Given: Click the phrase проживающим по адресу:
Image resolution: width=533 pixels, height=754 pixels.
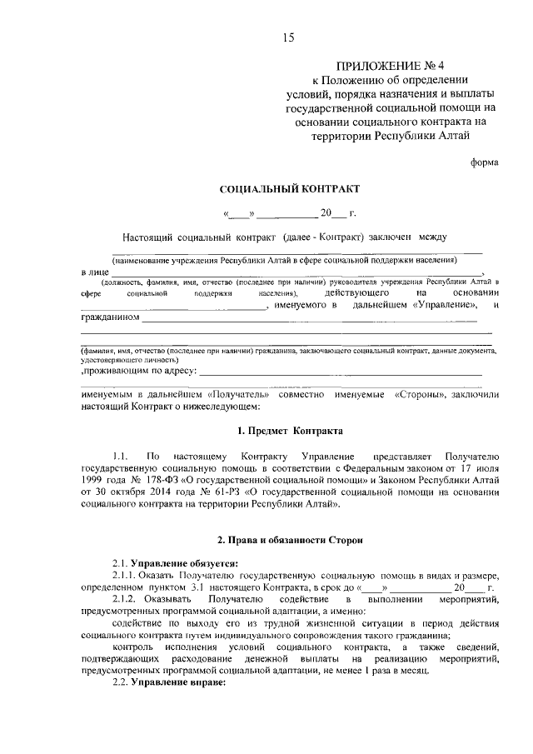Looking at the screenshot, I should tap(139, 371).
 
